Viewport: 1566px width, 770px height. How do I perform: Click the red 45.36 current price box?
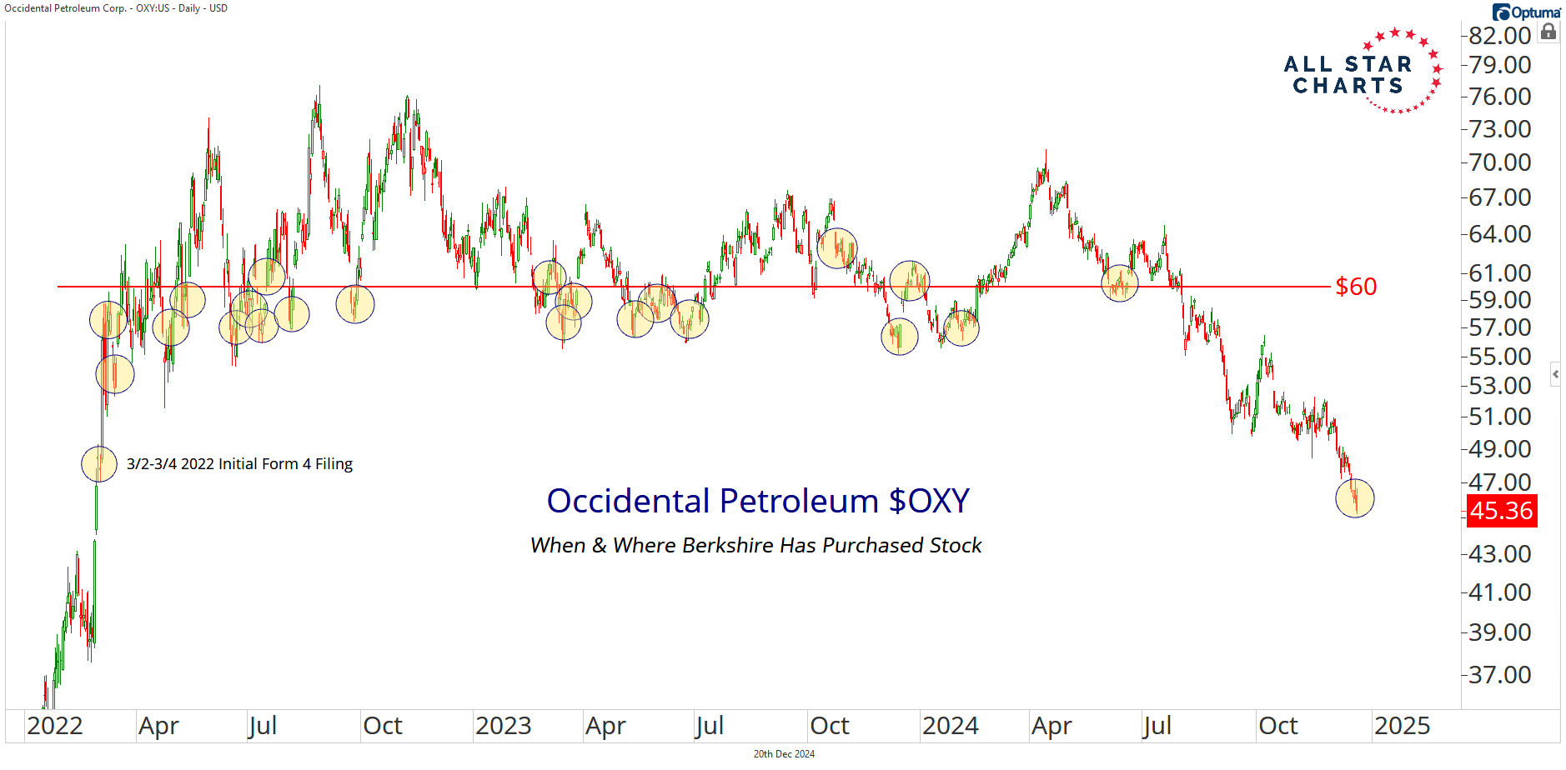pyautogui.click(x=1501, y=511)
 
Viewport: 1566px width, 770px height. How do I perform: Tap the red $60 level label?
pyautogui.click(x=1356, y=287)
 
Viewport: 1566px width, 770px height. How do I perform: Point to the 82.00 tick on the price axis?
pyautogui.click(x=1499, y=36)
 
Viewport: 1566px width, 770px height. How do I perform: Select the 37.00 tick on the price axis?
pyautogui.click(x=1499, y=674)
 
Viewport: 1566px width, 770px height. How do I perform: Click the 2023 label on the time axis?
pyautogui.click(x=503, y=726)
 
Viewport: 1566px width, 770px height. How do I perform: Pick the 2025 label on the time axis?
pyautogui.click(x=1402, y=726)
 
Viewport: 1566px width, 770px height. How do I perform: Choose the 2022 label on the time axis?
pyautogui.click(x=54, y=726)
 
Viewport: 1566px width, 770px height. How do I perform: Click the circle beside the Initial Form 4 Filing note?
pyautogui.click(x=99, y=464)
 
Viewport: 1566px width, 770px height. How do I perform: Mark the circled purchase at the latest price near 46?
pyautogui.click(x=1354, y=498)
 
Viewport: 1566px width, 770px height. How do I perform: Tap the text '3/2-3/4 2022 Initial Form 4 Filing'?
pyautogui.click(x=239, y=464)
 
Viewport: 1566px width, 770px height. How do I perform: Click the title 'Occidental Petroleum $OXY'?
pyautogui.click(x=757, y=501)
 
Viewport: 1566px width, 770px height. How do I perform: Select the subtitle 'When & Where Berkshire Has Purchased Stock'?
pyautogui.click(x=755, y=545)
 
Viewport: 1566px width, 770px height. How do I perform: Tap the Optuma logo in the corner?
pyautogui.click(x=1526, y=12)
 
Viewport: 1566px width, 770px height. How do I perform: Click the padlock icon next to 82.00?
pyautogui.click(x=1548, y=32)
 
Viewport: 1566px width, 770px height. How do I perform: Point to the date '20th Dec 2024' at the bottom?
pyautogui.click(x=784, y=754)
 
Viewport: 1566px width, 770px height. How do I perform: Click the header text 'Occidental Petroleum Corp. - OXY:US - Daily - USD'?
pyautogui.click(x=116, y=8)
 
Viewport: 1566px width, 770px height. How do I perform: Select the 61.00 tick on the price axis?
pyautogui.click(x=1499, y=272)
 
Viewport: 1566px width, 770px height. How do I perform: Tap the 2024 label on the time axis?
pyautogui.click(x=950, y=726)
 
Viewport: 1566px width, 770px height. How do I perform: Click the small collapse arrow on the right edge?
pyautogui.click(x=1555, y=374)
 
